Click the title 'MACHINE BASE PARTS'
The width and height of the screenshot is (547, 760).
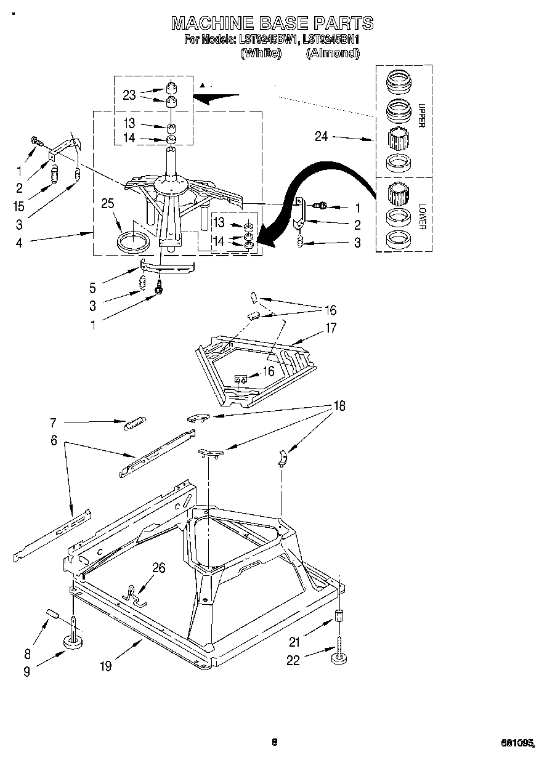click(x=272, y=23)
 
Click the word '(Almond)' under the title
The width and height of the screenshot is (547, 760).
click(x=333, y=53)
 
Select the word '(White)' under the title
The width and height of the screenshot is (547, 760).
click(x=261, y=53)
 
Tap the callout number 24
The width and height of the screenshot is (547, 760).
click(x=322, y=137)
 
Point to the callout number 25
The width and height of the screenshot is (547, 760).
click(x=108, y=204)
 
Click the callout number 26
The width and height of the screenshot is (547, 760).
click(x=158, y=568)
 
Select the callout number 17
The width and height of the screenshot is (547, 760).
click(x=331, y=328)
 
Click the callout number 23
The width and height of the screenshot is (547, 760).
click(x=129, y=95)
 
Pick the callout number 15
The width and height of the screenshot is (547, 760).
click(x=19, y=206)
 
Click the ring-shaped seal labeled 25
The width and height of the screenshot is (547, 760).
click(x=132, y=241)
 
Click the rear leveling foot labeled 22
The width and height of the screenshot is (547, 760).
click(x=338, y=659)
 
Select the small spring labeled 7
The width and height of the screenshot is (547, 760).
click(x=135, y=424)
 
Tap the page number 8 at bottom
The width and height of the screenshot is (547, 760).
click(x=275, y=742)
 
